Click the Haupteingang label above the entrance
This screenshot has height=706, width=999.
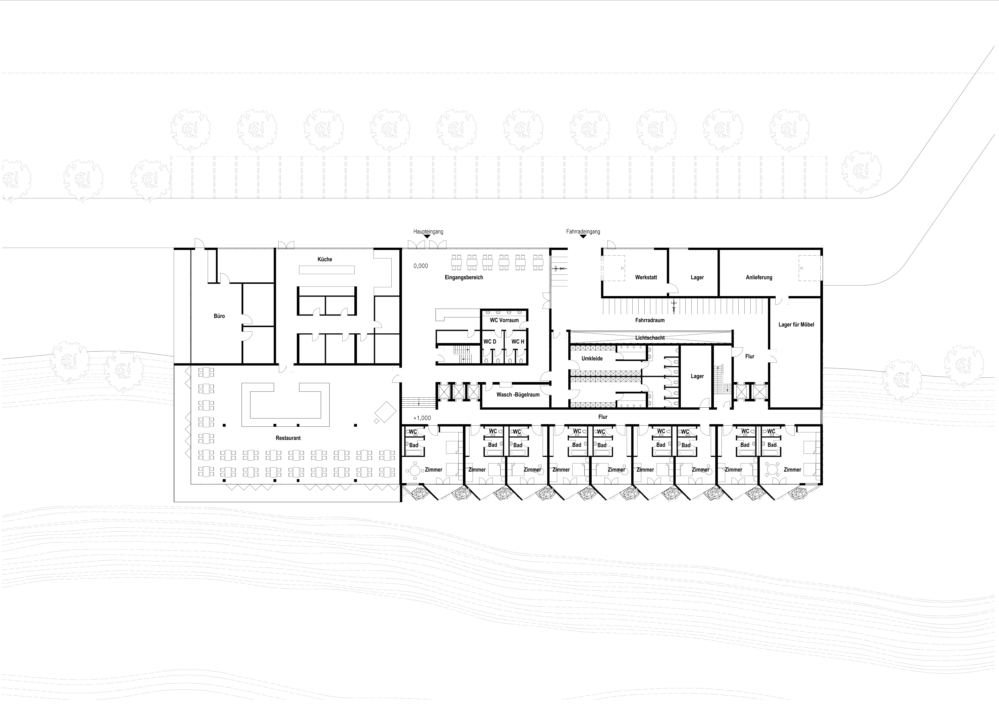click(428, 232)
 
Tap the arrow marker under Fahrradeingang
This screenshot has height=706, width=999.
click(583, 237)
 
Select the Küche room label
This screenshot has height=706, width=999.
click(324, 259)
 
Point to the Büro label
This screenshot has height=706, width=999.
click(219, 316)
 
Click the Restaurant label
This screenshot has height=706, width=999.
click(288, 438)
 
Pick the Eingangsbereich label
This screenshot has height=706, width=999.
click(464, 277)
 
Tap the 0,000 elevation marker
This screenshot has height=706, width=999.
click(421, 266)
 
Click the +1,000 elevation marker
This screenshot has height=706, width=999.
click(422, 418)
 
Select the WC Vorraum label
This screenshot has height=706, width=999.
click(504, 320)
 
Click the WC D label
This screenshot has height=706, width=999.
click(490, 342)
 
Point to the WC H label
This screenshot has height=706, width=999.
click(518, 342)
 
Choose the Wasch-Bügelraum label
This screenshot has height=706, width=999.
click(518, 395)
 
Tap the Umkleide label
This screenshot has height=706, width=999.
click(592, 359)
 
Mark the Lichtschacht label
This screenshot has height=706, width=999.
click(649, 338)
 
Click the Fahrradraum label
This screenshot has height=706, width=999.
click(649, 320)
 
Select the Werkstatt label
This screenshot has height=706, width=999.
click(646, 277)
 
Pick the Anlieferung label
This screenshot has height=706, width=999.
click(759, 277)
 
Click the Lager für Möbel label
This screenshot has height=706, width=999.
click(796, 325)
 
